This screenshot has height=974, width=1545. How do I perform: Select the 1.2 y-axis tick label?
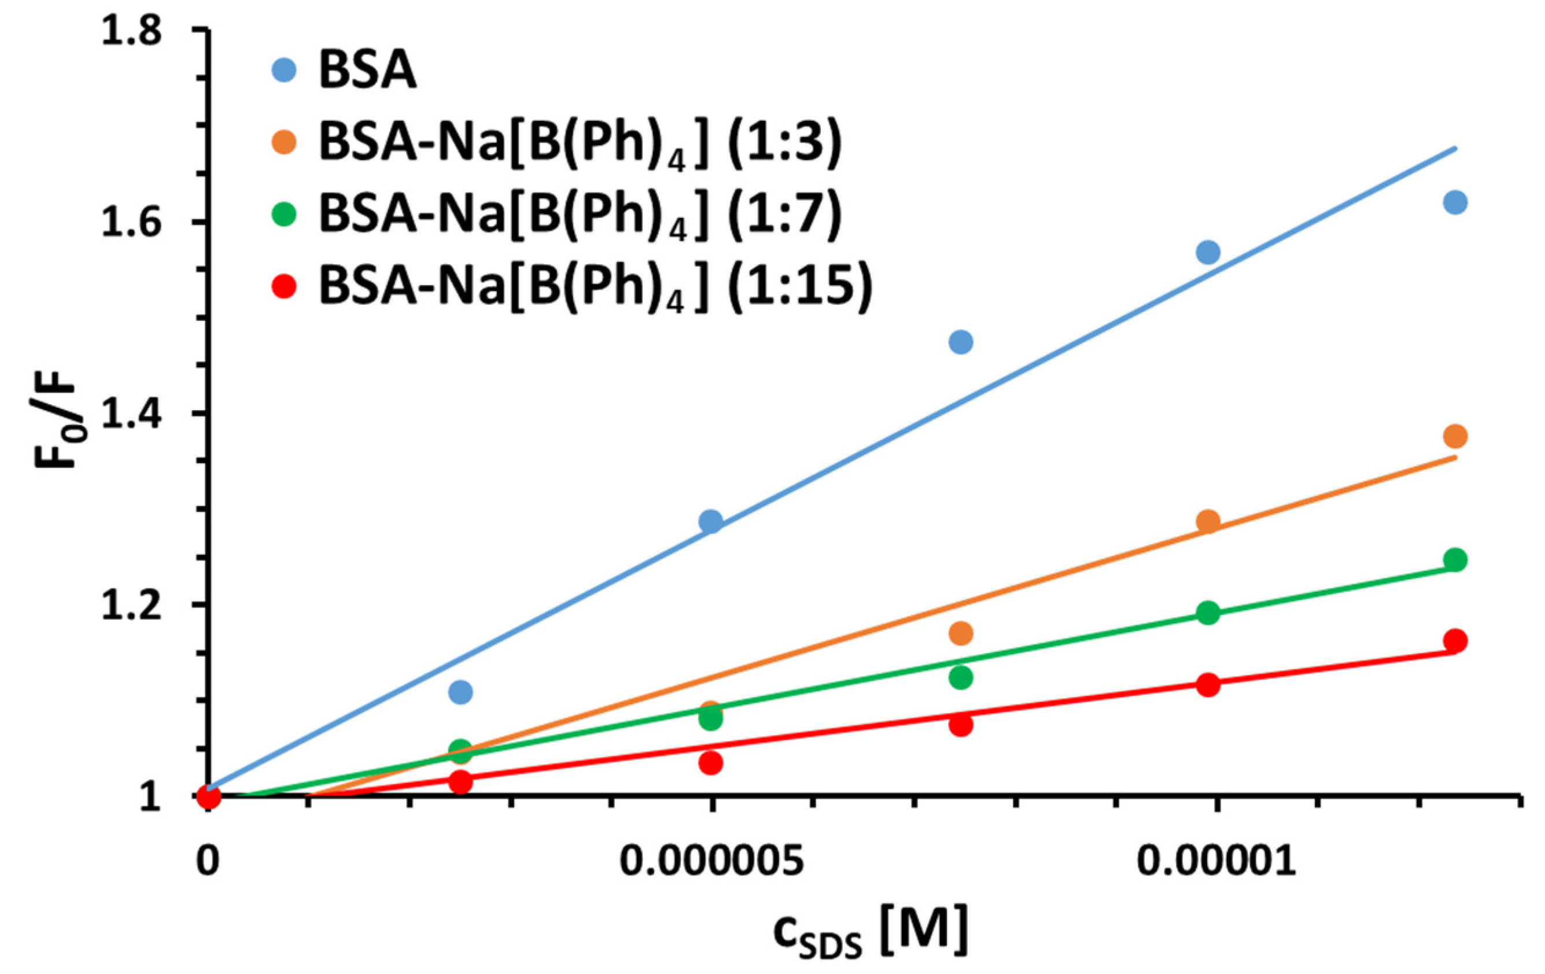(x=132, y=604)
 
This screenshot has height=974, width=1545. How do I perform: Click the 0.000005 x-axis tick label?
(x=711, y=862)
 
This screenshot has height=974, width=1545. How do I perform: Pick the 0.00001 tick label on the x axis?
(x=1216, y=862)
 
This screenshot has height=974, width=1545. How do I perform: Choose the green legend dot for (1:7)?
(x=283, y=213)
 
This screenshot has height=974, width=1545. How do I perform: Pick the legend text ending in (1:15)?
(x=596, y=286)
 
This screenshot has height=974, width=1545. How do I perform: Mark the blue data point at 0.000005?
(x=710, y=521)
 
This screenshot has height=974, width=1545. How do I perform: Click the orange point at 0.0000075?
(x=961, y=634)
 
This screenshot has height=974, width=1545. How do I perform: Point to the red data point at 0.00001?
(x=1208, y=685)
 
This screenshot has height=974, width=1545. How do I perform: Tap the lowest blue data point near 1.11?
(x=460, y=692)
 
